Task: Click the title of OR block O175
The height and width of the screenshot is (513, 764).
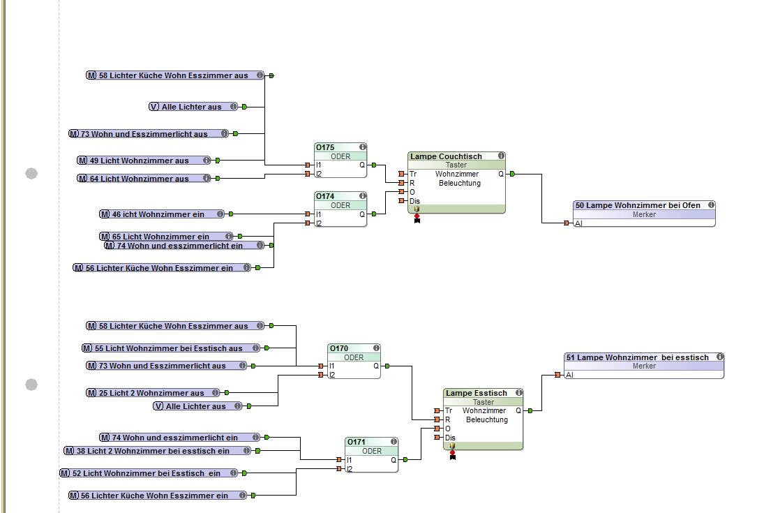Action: click(326, 147)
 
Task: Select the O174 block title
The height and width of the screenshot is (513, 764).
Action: click(326, 196)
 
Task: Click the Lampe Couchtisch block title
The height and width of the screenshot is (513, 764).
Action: click(447, 156)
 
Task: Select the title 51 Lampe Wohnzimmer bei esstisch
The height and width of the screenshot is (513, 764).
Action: click(637, 357)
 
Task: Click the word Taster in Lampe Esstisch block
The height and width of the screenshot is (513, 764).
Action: click(484, 402)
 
